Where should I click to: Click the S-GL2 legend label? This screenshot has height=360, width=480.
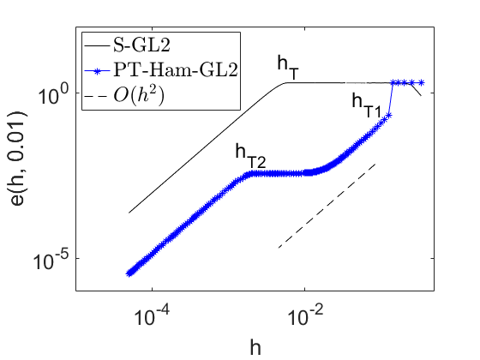click(141, 45)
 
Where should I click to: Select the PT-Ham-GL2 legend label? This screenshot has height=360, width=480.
click(176, 69)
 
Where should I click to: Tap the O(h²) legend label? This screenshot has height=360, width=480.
click(139, 95)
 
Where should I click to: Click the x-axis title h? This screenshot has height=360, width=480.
click(255, 347)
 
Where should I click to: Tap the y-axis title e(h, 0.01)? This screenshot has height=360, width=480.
click(18, 159)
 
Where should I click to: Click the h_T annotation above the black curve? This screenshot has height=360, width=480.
click(288, 68)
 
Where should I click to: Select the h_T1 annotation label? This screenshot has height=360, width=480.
click(367, 106)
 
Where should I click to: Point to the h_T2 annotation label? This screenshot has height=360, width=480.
click(250, 156)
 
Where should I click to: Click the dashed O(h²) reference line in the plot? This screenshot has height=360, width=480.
click(327, 206)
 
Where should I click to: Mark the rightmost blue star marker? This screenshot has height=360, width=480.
click(421, 82)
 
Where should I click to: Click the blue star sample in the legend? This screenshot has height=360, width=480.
click(97, 71)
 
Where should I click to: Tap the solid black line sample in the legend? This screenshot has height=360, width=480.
click(97, 46)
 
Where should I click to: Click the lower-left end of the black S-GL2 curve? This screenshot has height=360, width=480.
click(129, 213)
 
